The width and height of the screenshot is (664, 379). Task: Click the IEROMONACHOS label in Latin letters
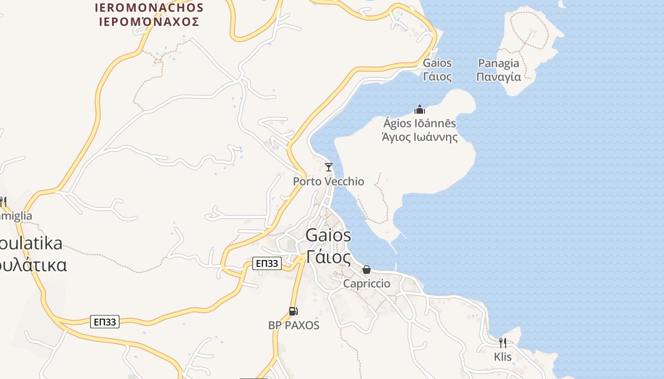click(149, 8)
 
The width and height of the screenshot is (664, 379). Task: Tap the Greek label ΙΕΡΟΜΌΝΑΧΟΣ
click(149, 21)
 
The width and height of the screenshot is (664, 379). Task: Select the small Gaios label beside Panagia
click(437, 63)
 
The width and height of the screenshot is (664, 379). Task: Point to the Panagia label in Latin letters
click(498, 63)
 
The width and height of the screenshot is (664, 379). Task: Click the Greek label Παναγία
click(498, 77)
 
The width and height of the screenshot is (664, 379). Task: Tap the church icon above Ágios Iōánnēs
click(419, 109)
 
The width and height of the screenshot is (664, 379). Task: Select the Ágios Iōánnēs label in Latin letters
click(420, 124)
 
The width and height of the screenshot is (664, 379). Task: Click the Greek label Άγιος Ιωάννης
click(420, 137)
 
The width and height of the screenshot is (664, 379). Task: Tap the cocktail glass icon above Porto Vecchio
click(328, 167)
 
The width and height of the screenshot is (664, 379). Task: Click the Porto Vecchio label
click(328, 181)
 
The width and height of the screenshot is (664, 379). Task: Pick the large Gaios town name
click(328, 235)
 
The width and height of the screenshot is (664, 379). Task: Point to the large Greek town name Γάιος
click(328, 257)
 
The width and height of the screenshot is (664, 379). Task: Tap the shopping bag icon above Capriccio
click(367, 270)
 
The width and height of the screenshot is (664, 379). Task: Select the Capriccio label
click(367, 284)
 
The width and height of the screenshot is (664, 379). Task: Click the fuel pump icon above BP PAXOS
click(294, 311)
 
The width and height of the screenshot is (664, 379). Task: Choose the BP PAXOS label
click(294, 325)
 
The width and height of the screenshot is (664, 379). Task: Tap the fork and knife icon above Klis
click(503, 343)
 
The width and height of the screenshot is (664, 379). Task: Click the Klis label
click(503, 357)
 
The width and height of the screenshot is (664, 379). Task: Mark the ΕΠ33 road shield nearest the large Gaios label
click(267, 263)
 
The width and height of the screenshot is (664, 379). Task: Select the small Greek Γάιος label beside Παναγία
click(437, 76)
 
